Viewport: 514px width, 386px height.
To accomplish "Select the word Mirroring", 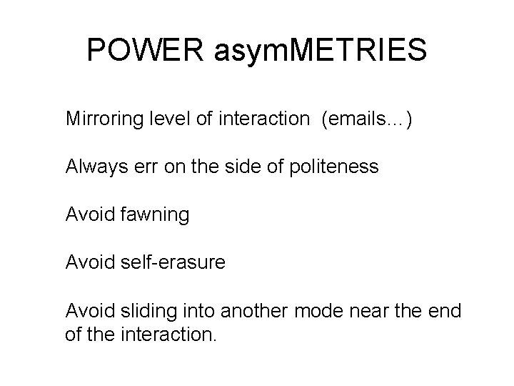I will [103, 119].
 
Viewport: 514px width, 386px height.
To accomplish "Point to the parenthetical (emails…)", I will [366, 119].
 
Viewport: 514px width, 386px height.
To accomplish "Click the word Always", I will [94, 167].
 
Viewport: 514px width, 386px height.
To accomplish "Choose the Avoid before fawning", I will [89, 214].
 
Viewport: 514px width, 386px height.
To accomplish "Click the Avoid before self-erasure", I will [89, 262].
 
